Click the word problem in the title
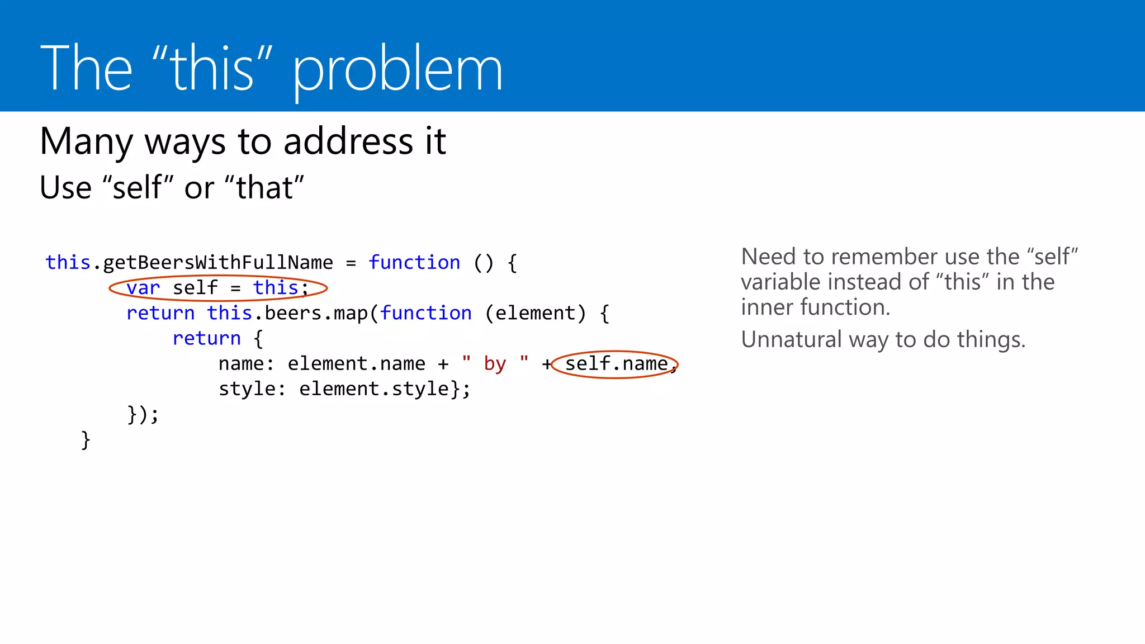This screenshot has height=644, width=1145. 398,70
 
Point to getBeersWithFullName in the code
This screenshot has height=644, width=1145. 218,262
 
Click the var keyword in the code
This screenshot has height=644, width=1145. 143,288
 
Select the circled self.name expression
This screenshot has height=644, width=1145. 616,364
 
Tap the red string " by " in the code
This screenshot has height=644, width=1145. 495,364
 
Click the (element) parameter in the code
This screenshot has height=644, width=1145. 535,313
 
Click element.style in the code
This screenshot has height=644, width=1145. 373,389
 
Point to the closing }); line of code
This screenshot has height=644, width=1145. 143,415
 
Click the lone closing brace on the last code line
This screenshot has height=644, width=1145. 86,440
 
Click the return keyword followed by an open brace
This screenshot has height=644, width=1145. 206,338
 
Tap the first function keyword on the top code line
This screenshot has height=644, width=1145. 414,262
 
